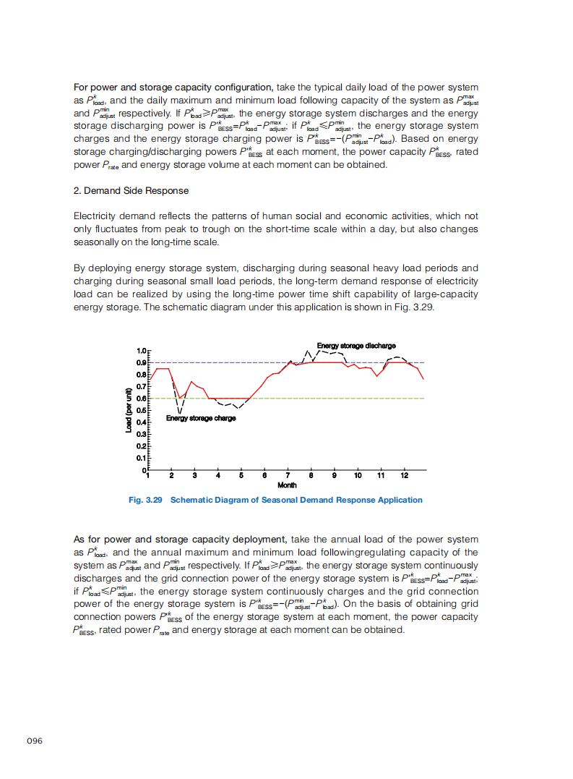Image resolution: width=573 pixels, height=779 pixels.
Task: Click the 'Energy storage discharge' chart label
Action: point(356,346)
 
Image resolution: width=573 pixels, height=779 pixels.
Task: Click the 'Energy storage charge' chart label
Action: point(201,418)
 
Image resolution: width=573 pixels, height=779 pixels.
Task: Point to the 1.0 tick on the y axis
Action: point(142,351)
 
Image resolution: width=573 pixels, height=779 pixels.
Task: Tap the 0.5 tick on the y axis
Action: point(142,410)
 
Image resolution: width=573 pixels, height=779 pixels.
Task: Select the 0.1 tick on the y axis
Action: point(142,458)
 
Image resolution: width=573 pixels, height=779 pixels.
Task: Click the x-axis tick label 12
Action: point(405,475)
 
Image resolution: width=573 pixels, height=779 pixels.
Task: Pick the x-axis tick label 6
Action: point(264,475)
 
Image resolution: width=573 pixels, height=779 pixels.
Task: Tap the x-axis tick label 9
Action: point(335,475)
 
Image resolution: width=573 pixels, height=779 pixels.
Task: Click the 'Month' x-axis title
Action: point(287,485)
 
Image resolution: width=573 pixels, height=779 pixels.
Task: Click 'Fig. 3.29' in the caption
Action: point(145,500)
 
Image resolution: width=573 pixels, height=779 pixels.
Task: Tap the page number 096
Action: point(35,741)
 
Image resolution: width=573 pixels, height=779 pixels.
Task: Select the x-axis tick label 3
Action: point(194,475)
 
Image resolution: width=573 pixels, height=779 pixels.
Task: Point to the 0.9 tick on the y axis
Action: point(142,362)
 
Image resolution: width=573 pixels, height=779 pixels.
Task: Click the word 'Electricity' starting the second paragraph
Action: point(95,216)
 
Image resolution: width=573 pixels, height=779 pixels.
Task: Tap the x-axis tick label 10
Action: point(358,475)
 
